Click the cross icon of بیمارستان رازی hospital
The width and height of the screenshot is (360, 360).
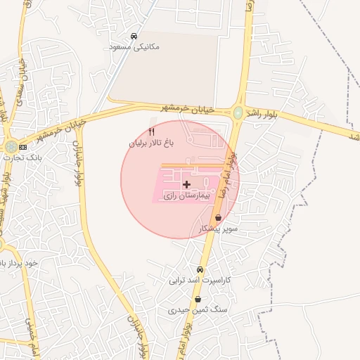point(186,184)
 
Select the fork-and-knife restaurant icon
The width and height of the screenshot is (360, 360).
point(150,132)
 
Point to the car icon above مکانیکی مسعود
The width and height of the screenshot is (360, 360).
point(134,36)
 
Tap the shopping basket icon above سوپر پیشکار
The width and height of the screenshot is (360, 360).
point(219,218)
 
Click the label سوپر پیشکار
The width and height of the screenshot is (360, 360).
point(219,229)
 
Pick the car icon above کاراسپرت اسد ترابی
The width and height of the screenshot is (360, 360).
point(200,269)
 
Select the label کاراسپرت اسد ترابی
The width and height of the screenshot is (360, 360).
point(200,280)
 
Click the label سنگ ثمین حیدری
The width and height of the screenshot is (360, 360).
point(197,309)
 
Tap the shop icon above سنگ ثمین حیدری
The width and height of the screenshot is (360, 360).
point(197,299)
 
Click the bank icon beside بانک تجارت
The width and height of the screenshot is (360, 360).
point(23,148)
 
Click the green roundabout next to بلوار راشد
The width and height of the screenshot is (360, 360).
point(238,112)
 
